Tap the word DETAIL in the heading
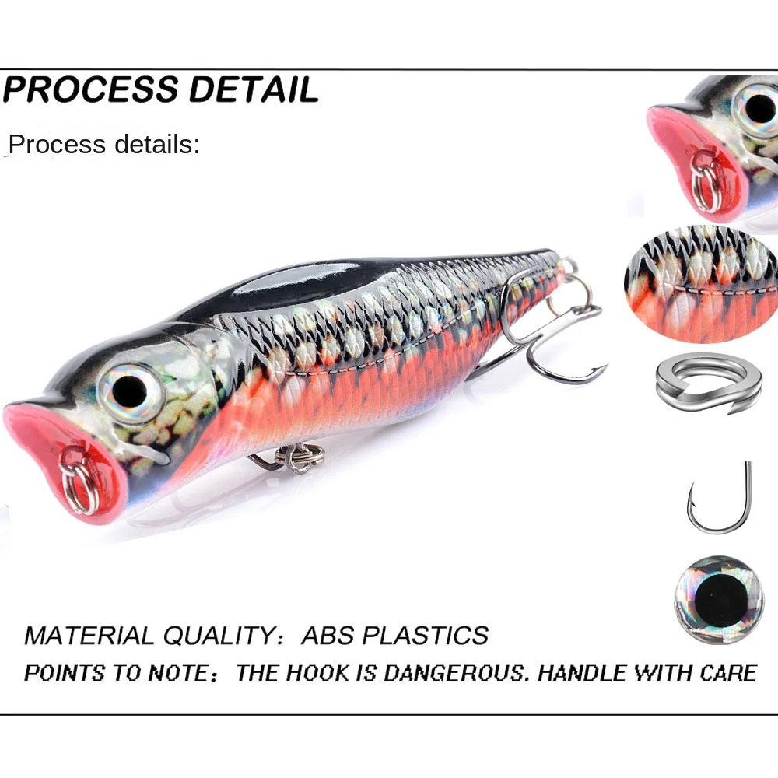pyautogui.click(x=254, y=89)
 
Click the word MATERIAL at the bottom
pyautogui.click(x=90, y=635)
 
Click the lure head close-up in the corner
pyautogui.click(x=712, y=144)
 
